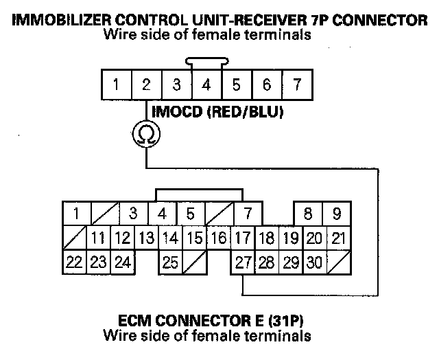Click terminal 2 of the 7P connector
(x=146, y=85)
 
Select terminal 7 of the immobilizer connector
(x=296, y=85)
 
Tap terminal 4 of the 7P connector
(x=206, y=85)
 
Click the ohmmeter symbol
(x=146, y=133)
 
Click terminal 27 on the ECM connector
(x=242, y=262)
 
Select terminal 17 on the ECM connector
(x=242, y=238)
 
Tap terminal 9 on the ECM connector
(x=337, y=214)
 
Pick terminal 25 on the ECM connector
(x=171, y=262)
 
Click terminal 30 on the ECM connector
(x=314, y=262)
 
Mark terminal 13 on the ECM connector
(x=145, y=238)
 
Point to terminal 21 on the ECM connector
(x=337, y=238)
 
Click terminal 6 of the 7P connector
(x=266, y=85)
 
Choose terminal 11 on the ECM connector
(x=98, y=238)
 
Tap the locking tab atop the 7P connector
(x=206, y=63)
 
